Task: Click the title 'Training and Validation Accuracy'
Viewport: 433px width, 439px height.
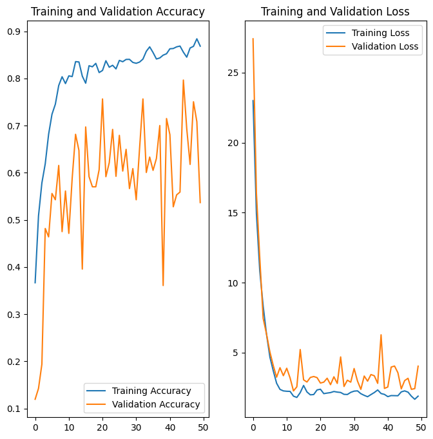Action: [118, 12]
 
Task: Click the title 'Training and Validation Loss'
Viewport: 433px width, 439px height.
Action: [335, 12]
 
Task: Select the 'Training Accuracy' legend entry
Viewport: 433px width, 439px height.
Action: [151, 391]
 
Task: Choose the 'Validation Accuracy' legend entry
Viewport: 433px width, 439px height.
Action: [156, 405]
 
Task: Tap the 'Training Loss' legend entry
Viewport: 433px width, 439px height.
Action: [381, 33]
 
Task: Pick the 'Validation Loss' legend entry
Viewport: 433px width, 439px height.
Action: [385, 46]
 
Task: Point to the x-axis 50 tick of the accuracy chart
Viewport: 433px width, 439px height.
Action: [204, 425]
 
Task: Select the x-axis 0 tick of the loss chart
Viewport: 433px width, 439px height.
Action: [253, 425]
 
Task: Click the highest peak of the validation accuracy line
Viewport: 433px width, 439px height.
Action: [183, 80]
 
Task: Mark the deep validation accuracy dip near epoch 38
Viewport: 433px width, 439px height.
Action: [163, 285]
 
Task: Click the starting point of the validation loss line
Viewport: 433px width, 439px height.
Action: [253, 39]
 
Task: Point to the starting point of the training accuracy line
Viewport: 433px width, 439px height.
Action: [35, 283]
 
